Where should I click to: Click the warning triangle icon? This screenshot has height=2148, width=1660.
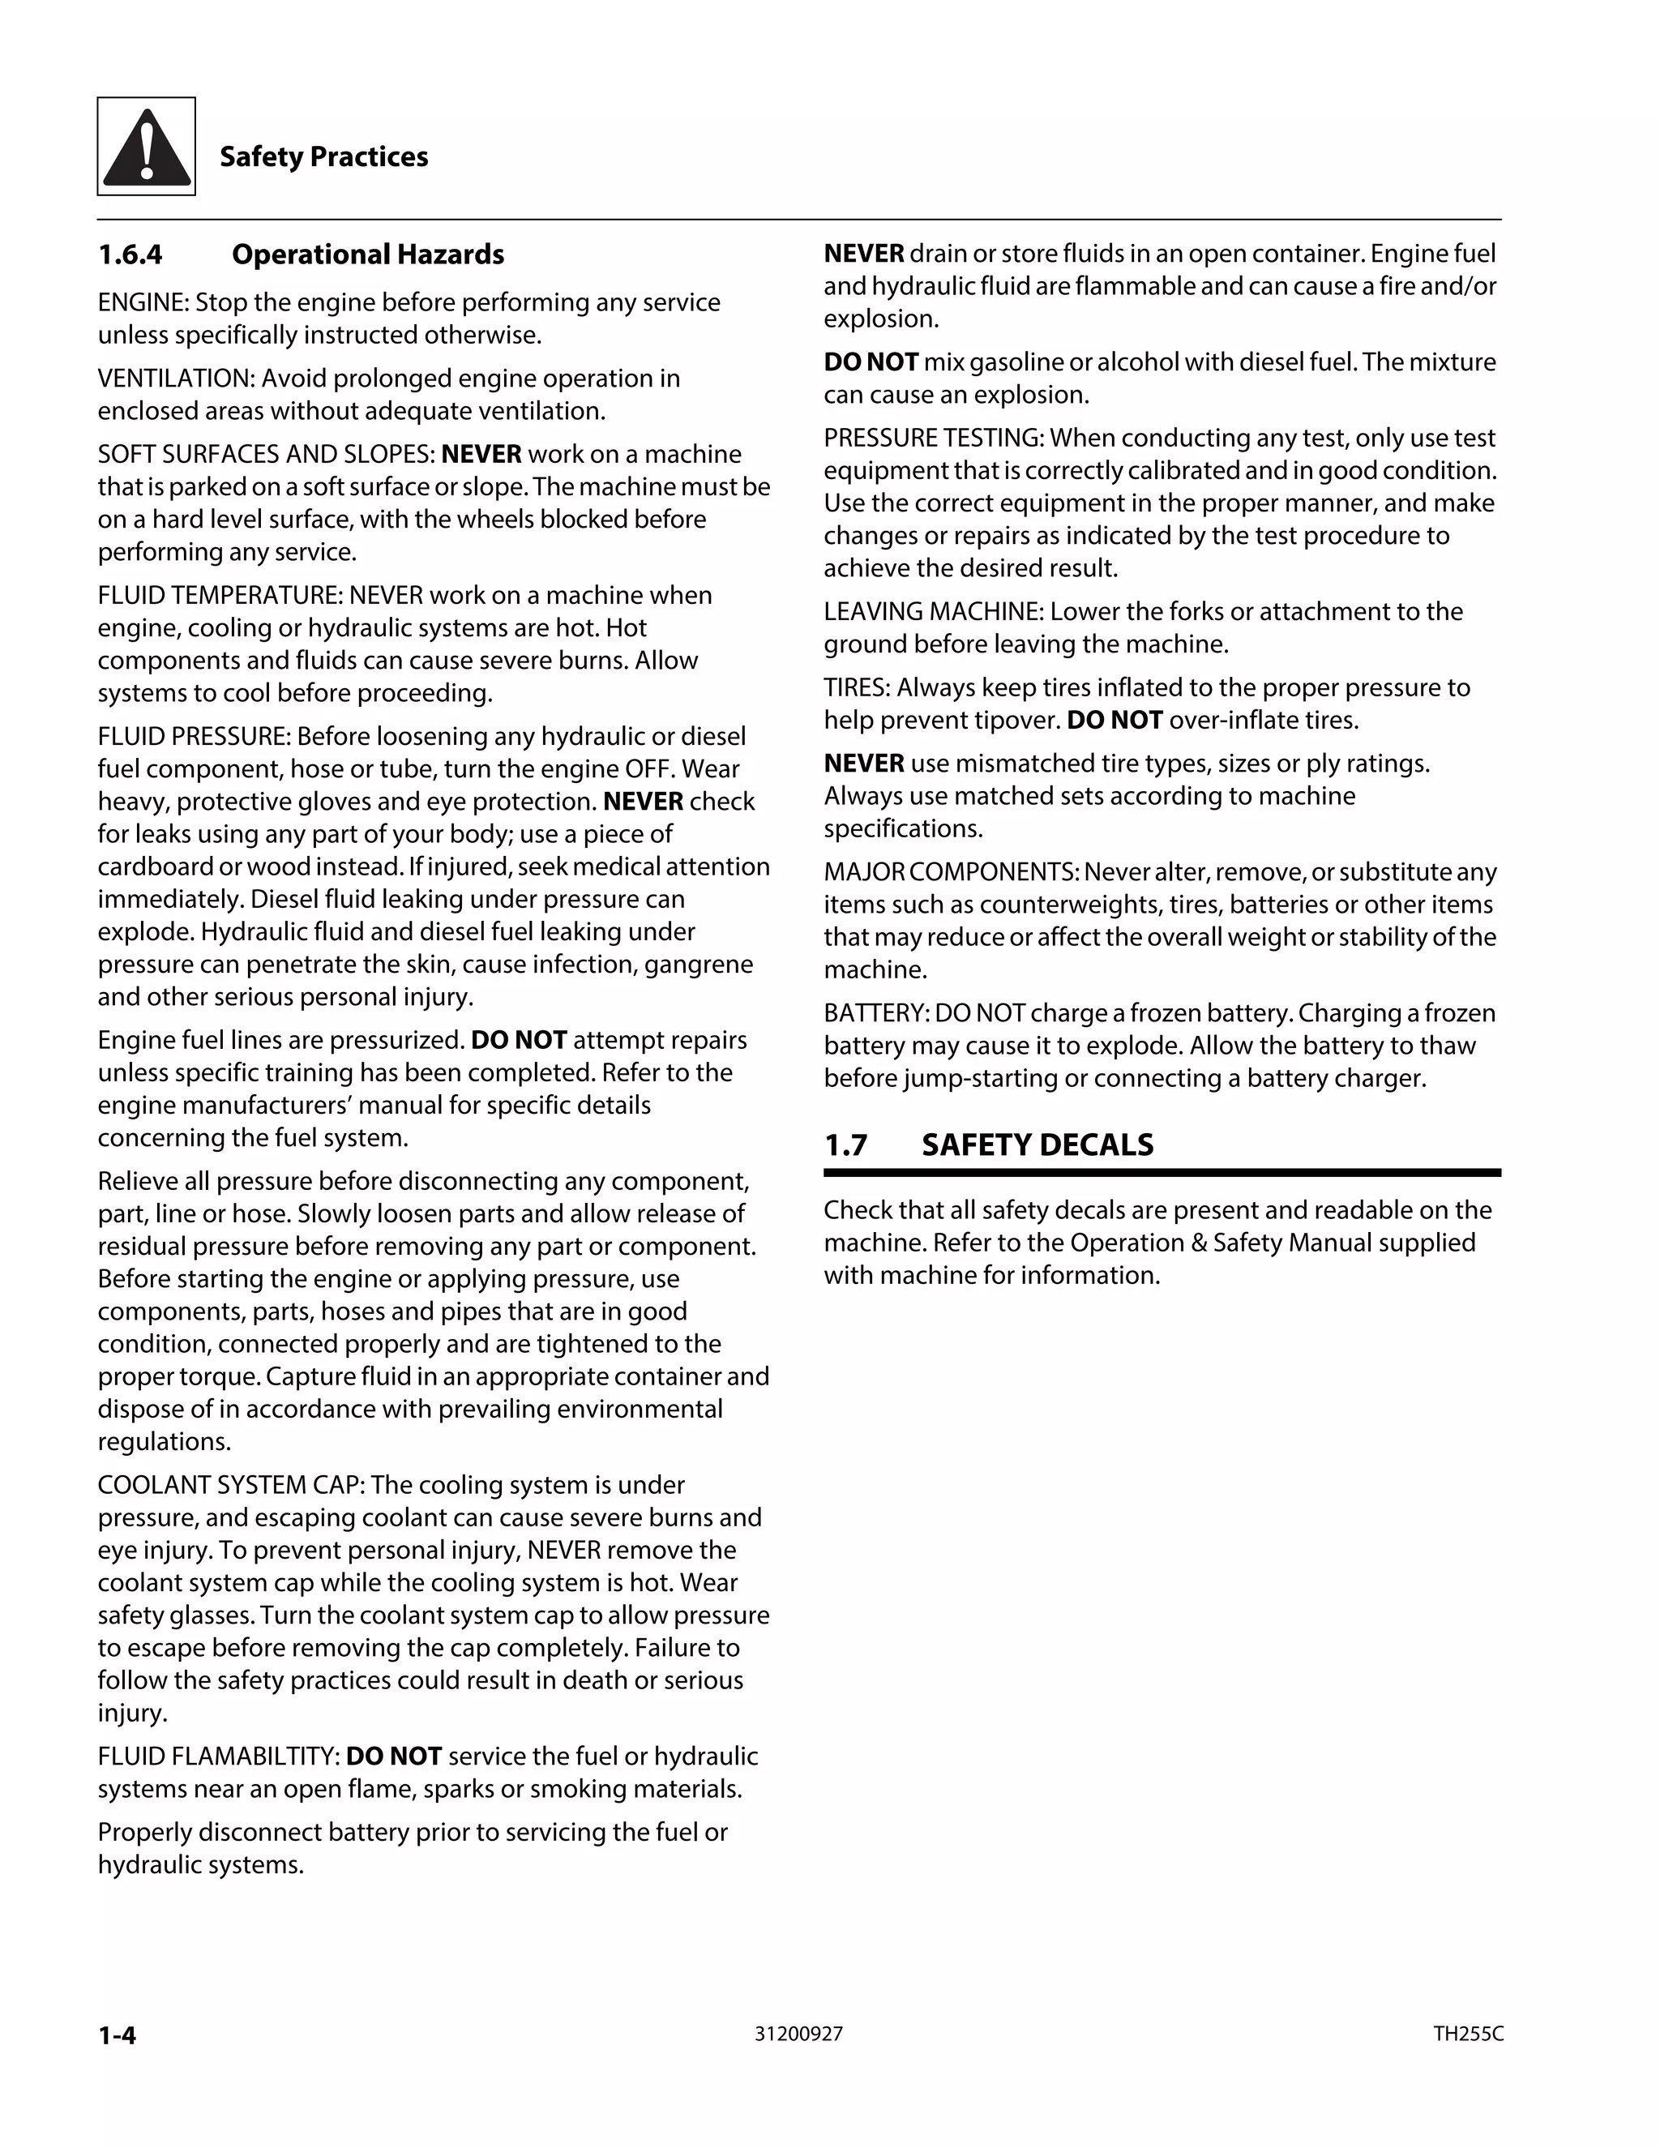click(x=146, y=147)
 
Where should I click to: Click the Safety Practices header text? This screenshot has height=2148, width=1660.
click(x=323, y=156)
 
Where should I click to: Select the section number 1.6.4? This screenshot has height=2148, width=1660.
click(x=130, y=255)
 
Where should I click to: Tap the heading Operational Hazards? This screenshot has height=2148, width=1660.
click(x=368, y=255)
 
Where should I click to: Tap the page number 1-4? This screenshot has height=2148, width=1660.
click(x=117, y=2035)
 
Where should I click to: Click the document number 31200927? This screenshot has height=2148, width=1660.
click(x=798, y=2034)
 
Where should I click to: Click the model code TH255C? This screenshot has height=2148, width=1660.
click(x=1467, y=2034)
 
